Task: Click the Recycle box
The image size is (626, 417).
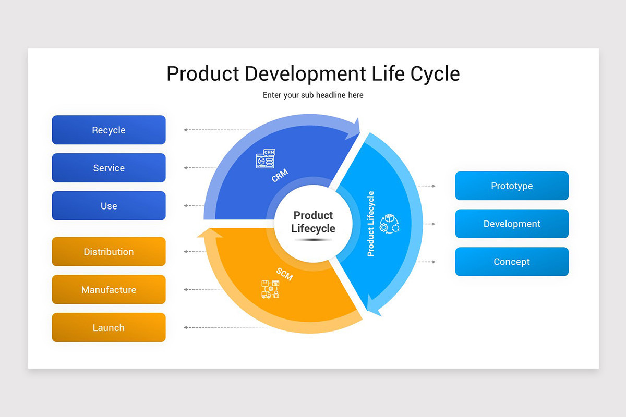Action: pyautogui.click(x=109, y=130)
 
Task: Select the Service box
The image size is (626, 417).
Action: pyautogui.click(x=109, y=168)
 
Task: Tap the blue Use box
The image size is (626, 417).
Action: pyautogui.click(x=109, y=206)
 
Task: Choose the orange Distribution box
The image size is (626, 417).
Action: pyautogui.click(x=109, y=252)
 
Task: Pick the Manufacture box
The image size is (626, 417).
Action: pyautogui.click(x=109, y=290)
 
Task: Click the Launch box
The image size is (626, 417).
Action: pyautogui.click(x=109, y=328)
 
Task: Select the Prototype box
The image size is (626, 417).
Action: pyautogui.click(x=512, y=186)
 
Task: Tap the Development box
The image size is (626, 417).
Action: pyautogui.click(x=512, y=224)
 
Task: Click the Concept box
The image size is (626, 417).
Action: pyautogui.click(x=512, y=262)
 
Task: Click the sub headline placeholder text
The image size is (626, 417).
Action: pyautogui.click(x=313, y=95)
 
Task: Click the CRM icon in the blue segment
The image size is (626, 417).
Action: pyautogui.click(x=265, y=158)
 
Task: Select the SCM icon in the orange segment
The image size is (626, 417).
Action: pyautogui.click(x=270, y=289)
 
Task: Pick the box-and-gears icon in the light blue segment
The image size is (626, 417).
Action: pyautogui.click(x=389, y=223)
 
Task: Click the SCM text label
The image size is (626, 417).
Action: pyautogui.click(x=284, y=274)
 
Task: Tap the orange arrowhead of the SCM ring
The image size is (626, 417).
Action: pyautogui.click(x=210, y=233)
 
